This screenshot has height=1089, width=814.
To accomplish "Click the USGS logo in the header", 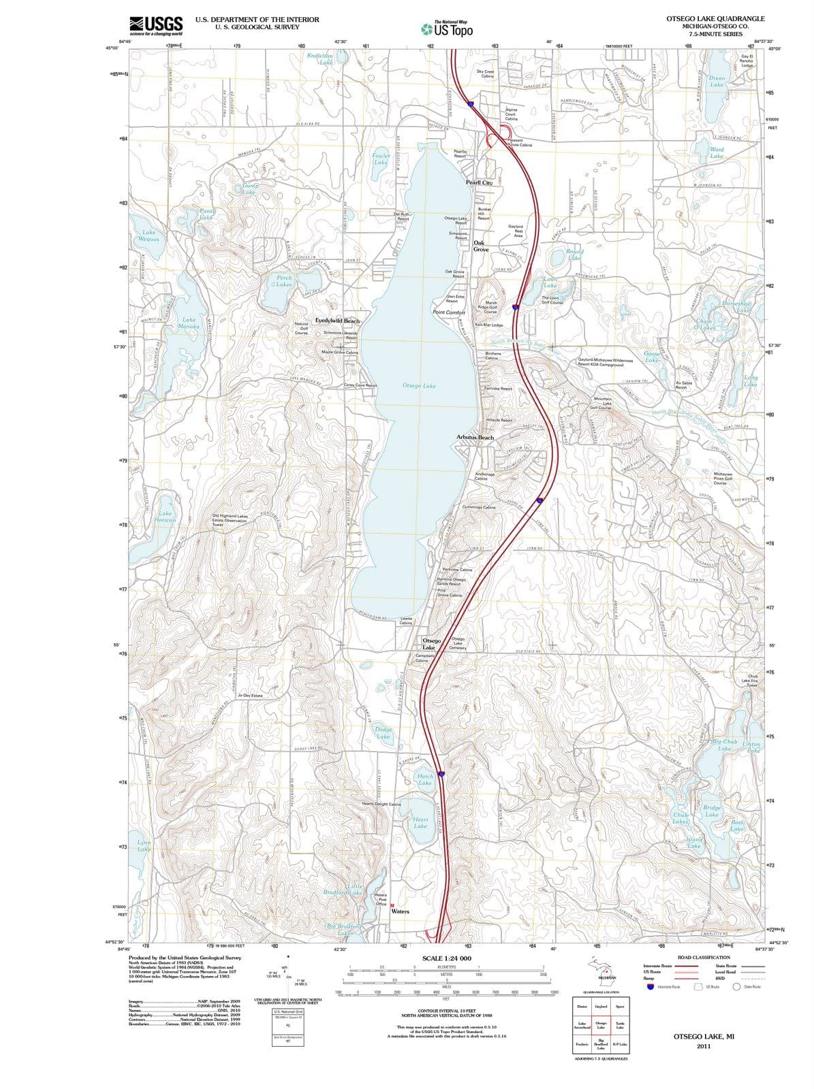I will tap(156, 25).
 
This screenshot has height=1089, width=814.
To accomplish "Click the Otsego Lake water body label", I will tap(419, 386).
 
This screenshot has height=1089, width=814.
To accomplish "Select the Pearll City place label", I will tap(479, 182).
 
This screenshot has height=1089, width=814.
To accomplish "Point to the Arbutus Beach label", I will tap(475, 437).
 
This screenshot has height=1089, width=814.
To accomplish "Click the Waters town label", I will tap(400, 911).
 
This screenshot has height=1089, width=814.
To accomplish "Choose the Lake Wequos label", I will tap(148, 235).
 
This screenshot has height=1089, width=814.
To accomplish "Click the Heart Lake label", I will tap(420, 823).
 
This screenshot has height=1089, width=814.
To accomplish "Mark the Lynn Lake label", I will tap(144, 846).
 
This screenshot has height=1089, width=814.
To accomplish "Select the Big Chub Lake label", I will tap(725, 745).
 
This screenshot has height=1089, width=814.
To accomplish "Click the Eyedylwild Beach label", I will tap(337, 321).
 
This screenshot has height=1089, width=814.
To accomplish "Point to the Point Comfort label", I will tap(449, 312).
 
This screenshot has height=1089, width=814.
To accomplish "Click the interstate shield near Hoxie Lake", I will tap(441, 774).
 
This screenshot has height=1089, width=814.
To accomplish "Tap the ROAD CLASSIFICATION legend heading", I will tap(704, 957).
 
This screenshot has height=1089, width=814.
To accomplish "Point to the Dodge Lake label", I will tap(383, 732).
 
